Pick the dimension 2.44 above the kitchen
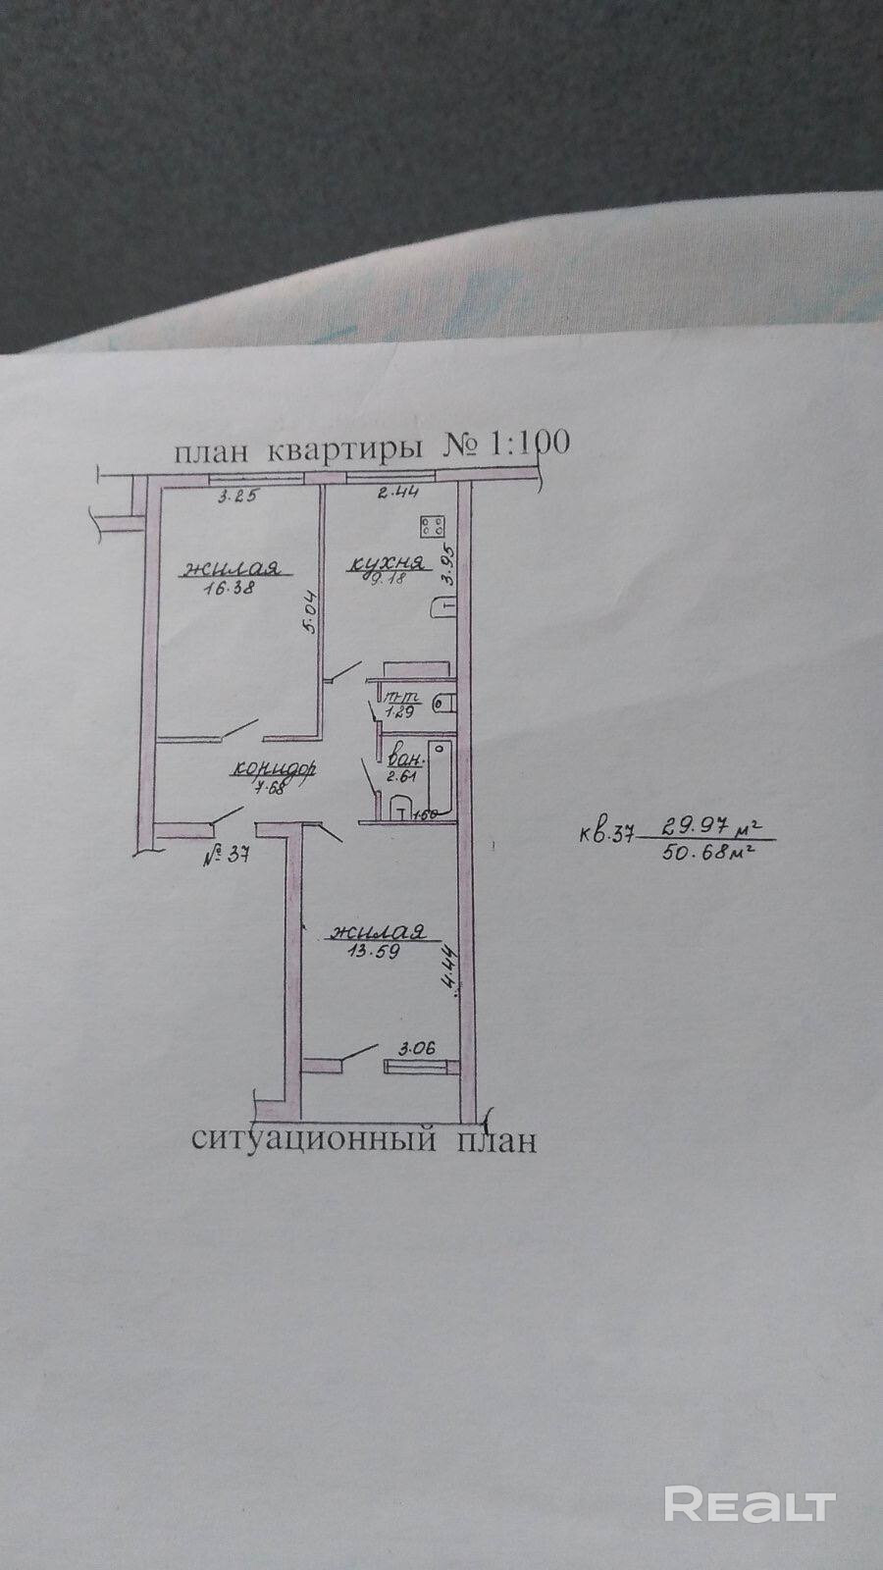pos(397,494)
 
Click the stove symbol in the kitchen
pos(433,526)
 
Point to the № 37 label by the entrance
pos(227,856)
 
